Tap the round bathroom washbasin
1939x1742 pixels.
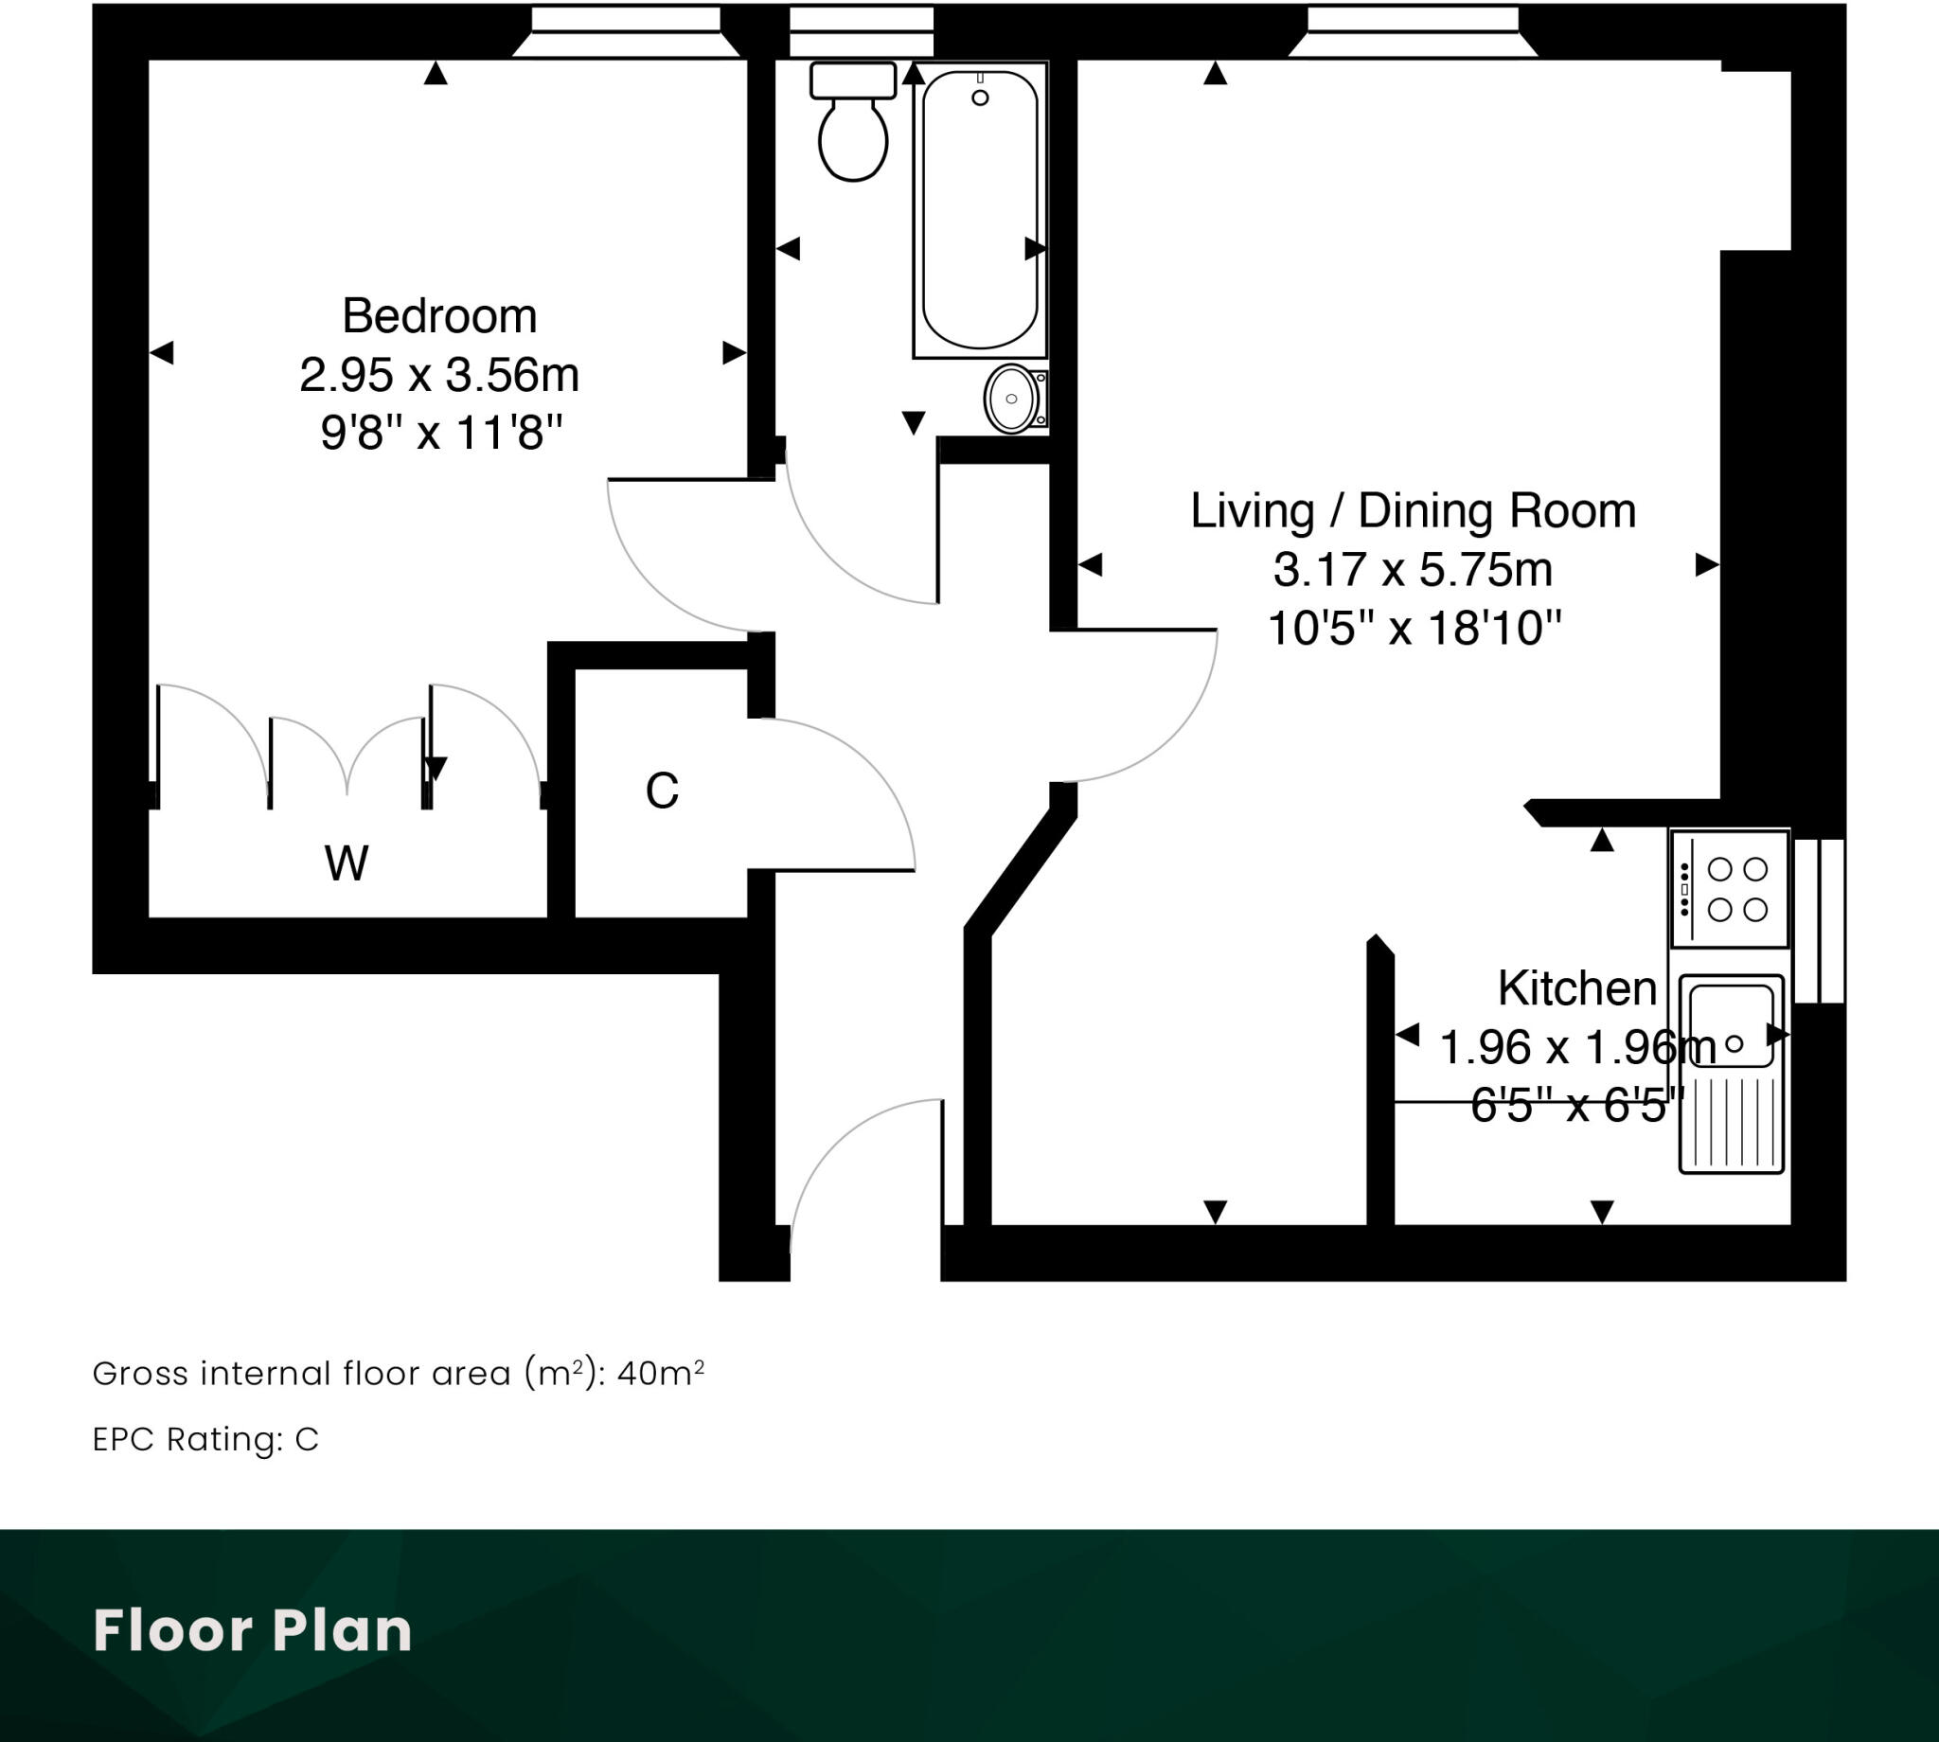click(1010, 399)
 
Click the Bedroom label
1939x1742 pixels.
click(439, 316)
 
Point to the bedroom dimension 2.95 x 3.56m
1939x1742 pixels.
click(439, 374)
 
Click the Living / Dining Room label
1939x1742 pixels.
click(1413, 510)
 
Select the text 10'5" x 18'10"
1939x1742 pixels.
click(1414, 629)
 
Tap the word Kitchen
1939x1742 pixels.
click(1576, 987)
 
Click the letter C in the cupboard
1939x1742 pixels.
click(662, 791)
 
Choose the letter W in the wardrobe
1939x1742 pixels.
click(346, 863)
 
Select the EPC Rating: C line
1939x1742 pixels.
click(205, 1440)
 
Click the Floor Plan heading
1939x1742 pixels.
click(253, 1630)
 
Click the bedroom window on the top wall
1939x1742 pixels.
click(625, 30)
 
